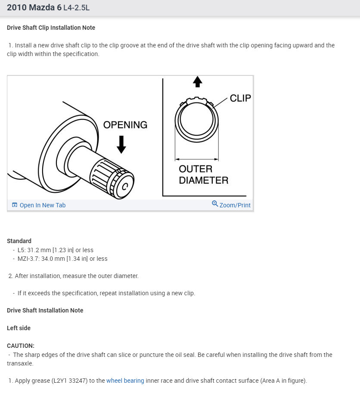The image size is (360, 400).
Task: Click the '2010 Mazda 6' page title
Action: [x=34, y=8]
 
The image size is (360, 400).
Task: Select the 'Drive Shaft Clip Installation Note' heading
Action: [x=51, y=28]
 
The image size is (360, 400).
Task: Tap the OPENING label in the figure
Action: [x=125, y=125]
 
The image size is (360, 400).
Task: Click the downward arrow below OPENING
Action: [x=121, y=144]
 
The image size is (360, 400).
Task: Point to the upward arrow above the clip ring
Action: [x=197, y=81]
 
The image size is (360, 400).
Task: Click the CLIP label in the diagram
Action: [x=240, y=98]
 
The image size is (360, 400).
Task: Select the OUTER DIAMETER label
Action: [x=203, y=175]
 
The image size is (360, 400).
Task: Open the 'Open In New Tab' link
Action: [x=42, y=205]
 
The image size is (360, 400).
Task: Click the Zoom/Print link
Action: [x=235, y=205]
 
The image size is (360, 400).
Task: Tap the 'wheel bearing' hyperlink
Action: [x=125, y=381]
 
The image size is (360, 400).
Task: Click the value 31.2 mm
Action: [x=39, y=250]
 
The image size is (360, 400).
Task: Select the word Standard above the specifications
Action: [x=19, y=241]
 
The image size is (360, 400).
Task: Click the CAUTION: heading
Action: [x=20, y=346]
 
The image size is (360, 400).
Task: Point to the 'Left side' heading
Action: [x=19, y=328]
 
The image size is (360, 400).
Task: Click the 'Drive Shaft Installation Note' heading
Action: [x=45, y=310]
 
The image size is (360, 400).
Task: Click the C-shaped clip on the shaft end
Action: [x=124, y=187]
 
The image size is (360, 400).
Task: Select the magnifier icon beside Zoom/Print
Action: [x=215, y=203]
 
